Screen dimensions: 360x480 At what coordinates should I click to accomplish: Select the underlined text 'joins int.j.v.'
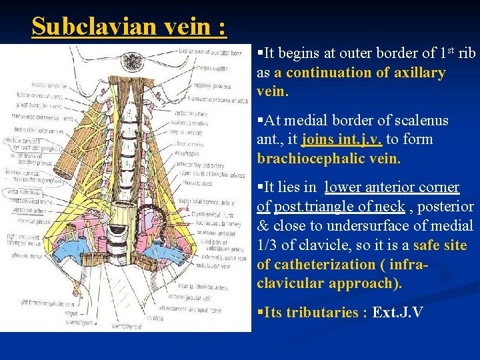[341, 139]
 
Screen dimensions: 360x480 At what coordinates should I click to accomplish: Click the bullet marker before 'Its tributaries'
[260, 313]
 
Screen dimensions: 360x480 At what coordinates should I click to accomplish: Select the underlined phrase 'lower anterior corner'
[392, 188]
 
